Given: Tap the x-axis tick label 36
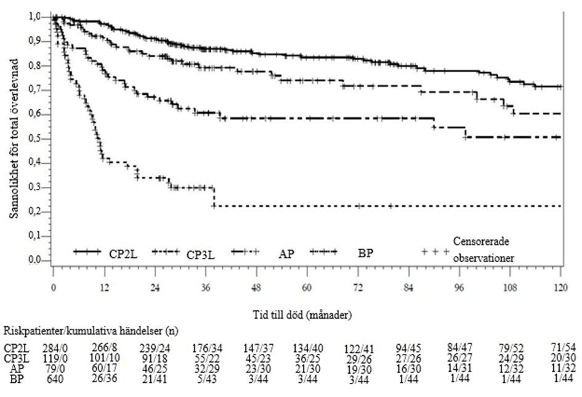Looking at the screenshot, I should pos(206,287).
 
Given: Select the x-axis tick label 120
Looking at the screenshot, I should pos(560,287).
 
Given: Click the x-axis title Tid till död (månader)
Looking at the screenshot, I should pos(307,315).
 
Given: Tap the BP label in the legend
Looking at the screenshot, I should pos(366,252).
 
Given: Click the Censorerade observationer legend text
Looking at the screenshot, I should pos(484,247).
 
